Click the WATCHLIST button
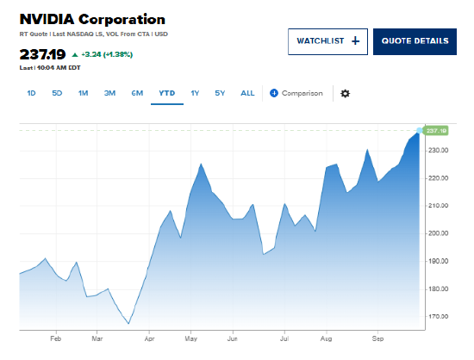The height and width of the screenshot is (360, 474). point(327,41)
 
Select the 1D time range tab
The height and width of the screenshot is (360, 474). point(31,93)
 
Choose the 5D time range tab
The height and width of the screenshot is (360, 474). point(57,93)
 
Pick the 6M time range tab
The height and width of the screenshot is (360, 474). point(137,93)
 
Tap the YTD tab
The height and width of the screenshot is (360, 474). point(167,93)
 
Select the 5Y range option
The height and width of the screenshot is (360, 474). point(220,93)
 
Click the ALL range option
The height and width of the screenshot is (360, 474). point(247,93)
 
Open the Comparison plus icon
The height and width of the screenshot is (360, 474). point(274,93)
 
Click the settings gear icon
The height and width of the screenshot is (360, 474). point(346,93)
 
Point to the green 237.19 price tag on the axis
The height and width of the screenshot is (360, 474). point(437,130)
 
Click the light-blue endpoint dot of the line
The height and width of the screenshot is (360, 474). point(420,130)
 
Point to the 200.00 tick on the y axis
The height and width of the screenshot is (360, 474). point(439,233)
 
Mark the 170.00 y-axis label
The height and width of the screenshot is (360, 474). point(439,317)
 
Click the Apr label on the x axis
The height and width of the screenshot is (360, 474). point(149,338)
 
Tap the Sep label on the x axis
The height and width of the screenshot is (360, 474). point(377,338)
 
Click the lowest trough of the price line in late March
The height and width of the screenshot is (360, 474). point(128,324)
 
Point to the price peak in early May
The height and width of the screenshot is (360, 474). point(201,164)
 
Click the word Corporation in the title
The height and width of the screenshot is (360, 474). point(122,19)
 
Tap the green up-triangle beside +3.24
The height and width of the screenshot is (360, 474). point(75,54)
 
